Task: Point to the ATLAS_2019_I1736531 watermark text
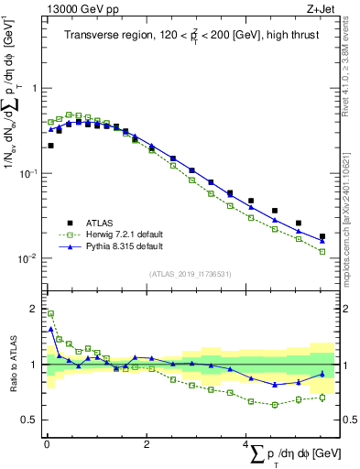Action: point(190,274)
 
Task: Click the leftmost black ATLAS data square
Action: point(50,146)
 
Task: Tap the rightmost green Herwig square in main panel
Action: point(322,251)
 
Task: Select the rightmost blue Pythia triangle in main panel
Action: point(322,241)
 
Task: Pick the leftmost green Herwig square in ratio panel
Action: point(50,313)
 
